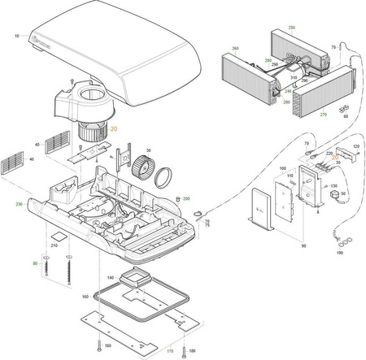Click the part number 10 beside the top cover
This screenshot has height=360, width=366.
tap(17, 37)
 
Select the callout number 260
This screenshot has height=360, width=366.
tap(235, 49)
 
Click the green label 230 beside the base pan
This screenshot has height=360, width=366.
tap(20, 204)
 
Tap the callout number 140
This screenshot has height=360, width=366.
tap(109, 277)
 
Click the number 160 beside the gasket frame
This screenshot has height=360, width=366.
tap(84, 297)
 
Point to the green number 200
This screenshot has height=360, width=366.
tap(186, 198)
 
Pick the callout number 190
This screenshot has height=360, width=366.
tap(339, 253)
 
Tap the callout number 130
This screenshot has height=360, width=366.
tap(333, 185)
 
